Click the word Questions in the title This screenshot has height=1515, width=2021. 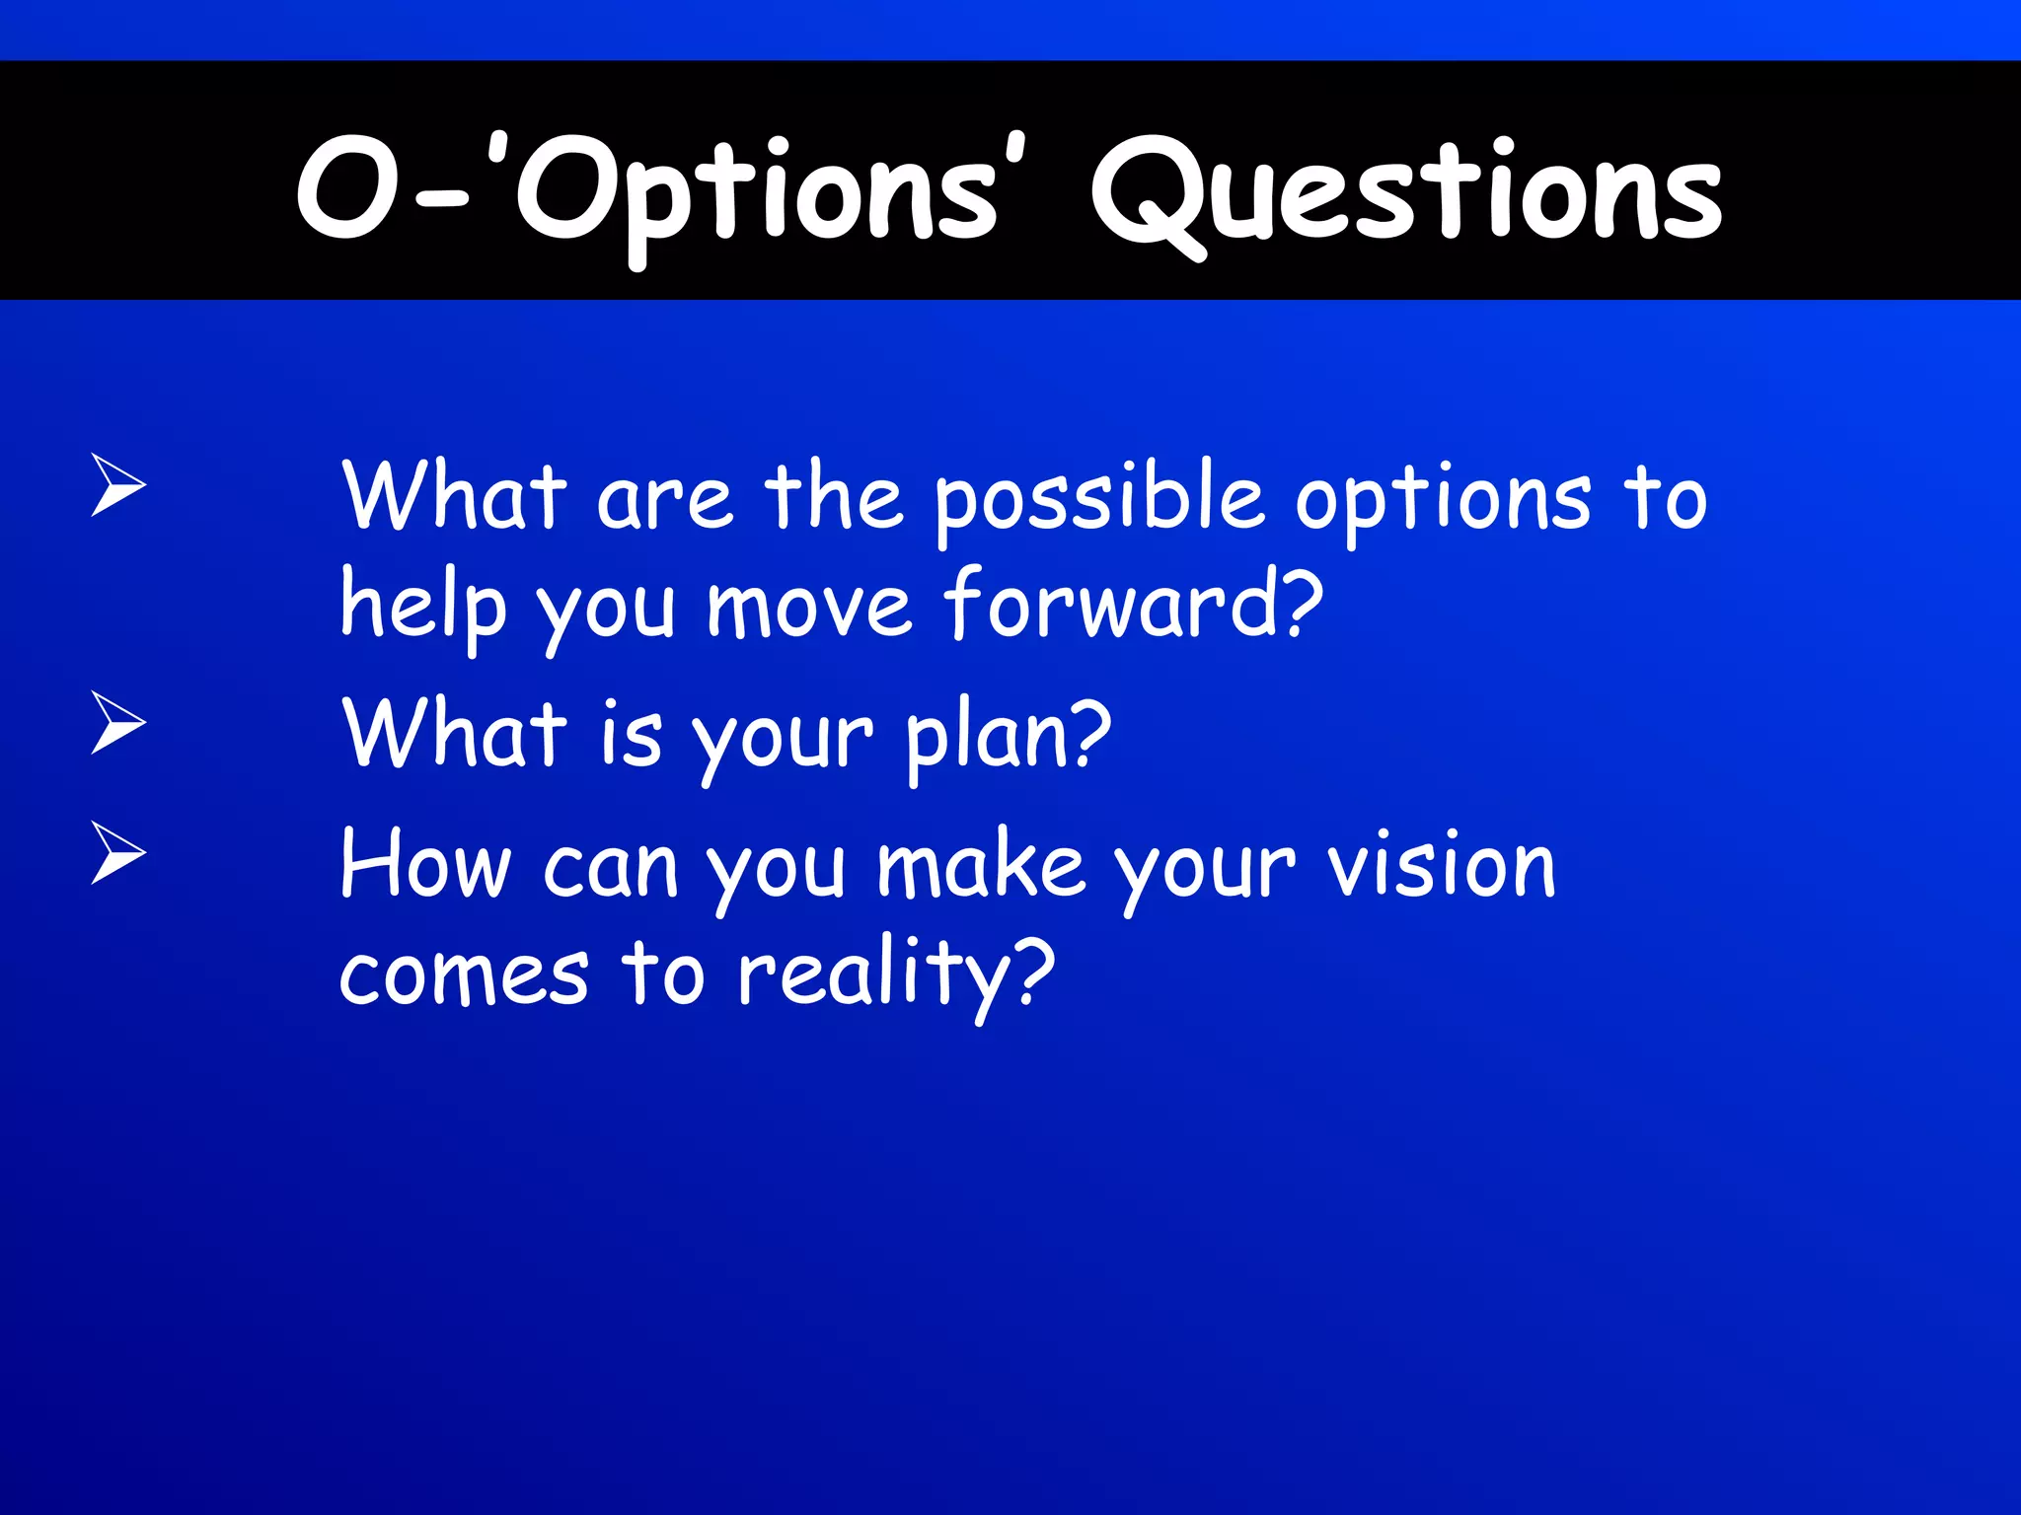click(1407, 192)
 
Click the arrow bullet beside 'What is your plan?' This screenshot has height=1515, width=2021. click(118, 722)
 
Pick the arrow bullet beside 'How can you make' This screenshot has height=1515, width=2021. click(118, 852)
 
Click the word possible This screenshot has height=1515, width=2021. click(1098, 499)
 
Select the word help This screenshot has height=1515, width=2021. click(422, 606)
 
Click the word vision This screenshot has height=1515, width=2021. click(1441, 866)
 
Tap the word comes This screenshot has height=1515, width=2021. click(464, 974)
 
